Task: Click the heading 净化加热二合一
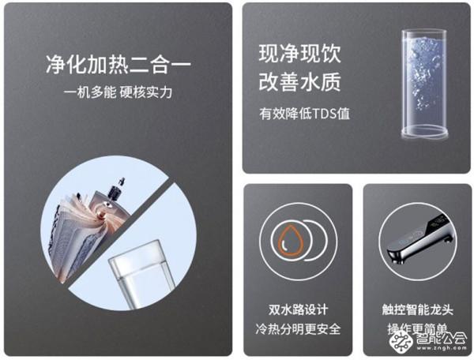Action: [x=118, y=66]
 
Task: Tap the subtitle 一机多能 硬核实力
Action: [x=118, y=92]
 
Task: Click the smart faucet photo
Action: [x=415, y=242]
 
